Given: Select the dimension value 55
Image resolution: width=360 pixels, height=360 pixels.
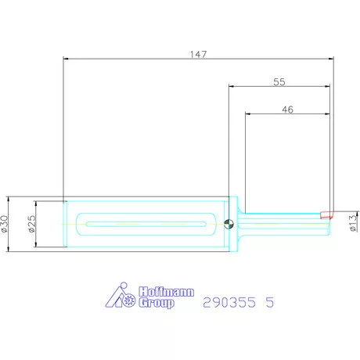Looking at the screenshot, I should click(x=279, y=81).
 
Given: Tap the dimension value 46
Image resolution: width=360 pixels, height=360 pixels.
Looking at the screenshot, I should click(x=286, y=110).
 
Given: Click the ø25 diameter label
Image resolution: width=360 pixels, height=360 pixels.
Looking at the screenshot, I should click(x=31, y=224).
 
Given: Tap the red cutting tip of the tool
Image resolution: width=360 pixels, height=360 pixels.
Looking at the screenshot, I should click(x=325, y=213).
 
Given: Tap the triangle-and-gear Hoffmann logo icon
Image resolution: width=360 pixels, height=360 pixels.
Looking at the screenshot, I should click(x=121, y=296).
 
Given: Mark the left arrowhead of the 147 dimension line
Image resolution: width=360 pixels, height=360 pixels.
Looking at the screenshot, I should click(x=67, y=59).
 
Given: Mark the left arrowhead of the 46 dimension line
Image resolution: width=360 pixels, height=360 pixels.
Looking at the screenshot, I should click(x=248, y=115).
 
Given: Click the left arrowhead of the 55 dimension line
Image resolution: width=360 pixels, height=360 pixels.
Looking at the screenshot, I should click(x=232, y=86).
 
